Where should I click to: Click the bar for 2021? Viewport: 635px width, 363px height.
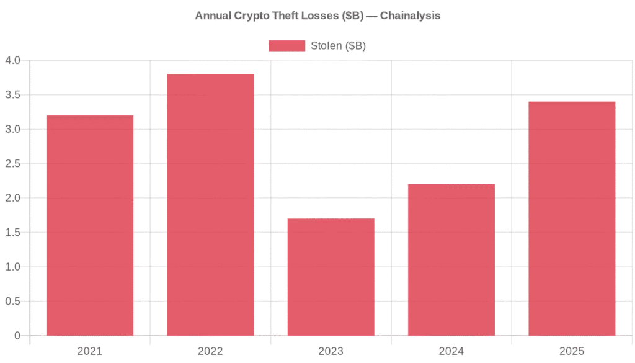(x=90, y=226)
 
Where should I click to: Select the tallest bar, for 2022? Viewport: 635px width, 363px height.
(x=210, y=205)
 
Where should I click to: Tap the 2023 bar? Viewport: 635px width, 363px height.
(x=331, y=277)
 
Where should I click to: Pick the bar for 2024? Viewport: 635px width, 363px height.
(x=451, y=260)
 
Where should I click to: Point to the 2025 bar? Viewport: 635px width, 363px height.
(x=572, y=219)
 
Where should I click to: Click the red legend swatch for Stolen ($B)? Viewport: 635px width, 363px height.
(x=286, y=46)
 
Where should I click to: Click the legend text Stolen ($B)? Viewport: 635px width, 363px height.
(x=338, y=46)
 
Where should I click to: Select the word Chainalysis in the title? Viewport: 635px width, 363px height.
(x=410, y=16)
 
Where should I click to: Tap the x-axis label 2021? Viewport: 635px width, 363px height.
(x=90, y=351)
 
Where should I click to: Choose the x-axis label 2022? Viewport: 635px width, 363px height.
(x=210, y=351)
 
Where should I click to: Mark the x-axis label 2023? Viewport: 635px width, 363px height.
(x=331, y=351)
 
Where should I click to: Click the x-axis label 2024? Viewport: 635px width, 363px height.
(x=451, y=351)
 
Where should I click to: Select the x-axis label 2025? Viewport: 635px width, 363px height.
(x=572, y=351)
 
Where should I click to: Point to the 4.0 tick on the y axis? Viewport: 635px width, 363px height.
(x=12, y=60)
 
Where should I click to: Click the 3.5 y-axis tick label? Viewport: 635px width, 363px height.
(x=12, y=95)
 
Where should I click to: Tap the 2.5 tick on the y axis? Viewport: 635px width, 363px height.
(x=12, y=164)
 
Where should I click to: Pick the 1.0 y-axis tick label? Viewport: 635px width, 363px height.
(x=12, y=267)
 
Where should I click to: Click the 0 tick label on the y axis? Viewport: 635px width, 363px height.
(x=17, y=336)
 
